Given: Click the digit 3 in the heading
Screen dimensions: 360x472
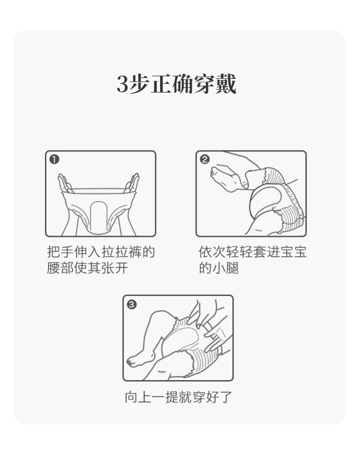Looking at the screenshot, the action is point(123,84).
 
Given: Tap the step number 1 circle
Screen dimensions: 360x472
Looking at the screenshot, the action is point(54,159).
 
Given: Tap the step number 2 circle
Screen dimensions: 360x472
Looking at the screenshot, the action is point(205,159).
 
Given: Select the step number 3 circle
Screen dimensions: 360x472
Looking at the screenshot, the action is point(132,304).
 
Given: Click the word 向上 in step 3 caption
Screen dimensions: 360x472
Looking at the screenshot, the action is point(138,397).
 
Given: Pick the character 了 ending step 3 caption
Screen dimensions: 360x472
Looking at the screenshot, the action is point(226,397).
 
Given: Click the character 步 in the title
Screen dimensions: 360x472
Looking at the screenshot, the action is point(139,83).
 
